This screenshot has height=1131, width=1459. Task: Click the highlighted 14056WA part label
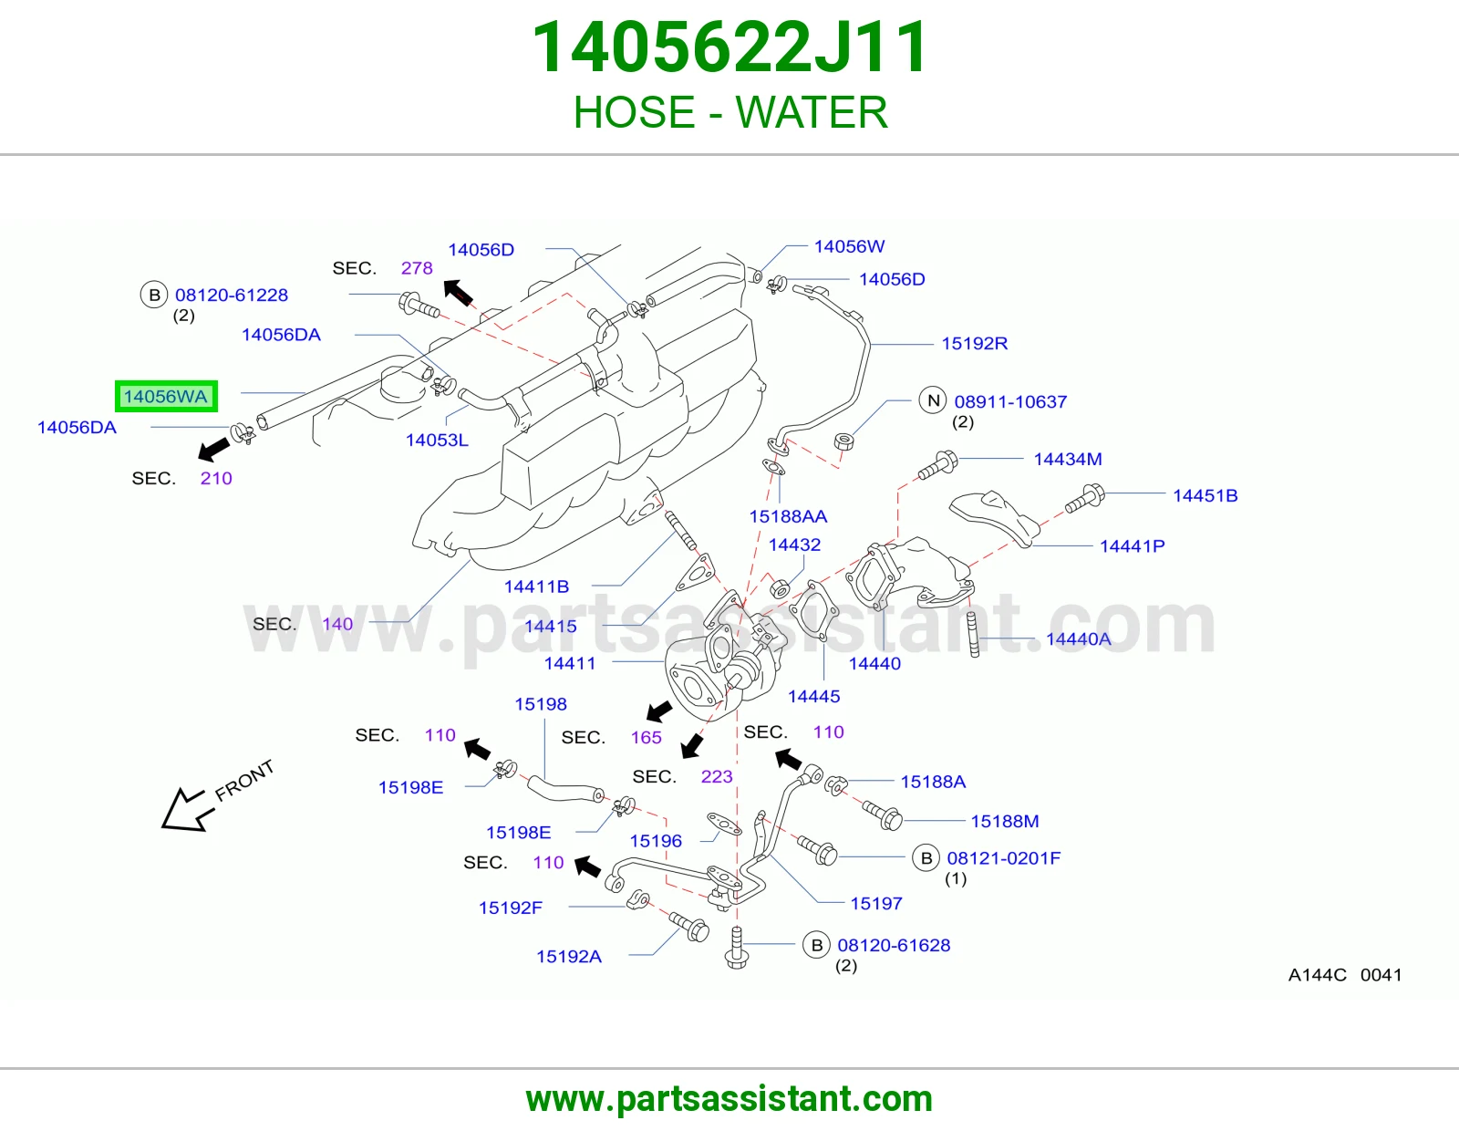click(166, 396)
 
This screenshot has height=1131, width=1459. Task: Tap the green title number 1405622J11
click(729, 47)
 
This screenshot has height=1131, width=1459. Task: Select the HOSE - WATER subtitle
click(730, 112)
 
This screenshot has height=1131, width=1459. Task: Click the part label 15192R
click(974, 344)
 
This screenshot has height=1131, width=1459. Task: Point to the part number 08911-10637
click(1010, 401)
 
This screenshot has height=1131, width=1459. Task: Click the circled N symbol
click(933, 401)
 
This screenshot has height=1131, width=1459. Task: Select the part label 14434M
click(1068, 460)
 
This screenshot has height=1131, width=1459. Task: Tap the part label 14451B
click(1205, 495)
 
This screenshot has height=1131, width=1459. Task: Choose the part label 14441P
click(1132, 546)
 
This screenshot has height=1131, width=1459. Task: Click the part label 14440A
click(1079, 638)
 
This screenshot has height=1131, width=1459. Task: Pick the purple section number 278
click(417, 268)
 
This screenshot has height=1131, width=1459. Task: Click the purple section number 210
click(216, 478)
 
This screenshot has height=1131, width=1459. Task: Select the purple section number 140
click(337, 624)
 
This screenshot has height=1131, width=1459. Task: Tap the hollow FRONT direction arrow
click(184, 811)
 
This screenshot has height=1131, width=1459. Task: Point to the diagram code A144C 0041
click(1345, 974)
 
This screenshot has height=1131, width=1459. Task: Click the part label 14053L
click(437, 440)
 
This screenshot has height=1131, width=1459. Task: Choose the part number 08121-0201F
click(1004, 857)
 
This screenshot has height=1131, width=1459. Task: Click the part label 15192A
click(569, 957)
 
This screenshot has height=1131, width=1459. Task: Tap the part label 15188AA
click(788, 516)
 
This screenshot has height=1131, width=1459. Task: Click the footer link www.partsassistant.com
click(729, 1099)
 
